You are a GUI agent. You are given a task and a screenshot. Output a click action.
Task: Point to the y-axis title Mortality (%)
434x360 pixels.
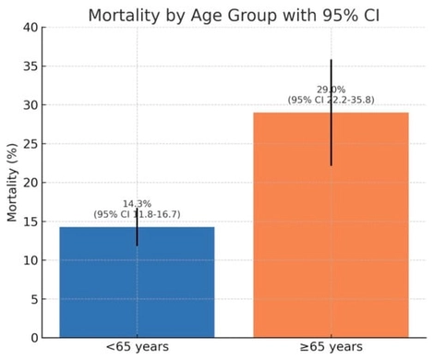click(13, 183)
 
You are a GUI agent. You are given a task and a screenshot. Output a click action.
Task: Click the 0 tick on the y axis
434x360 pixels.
click(34, 338)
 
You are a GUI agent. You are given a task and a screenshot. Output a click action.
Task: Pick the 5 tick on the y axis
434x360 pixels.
click(34, 299)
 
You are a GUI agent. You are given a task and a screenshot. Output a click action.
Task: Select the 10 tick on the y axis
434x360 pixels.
click(30, 260)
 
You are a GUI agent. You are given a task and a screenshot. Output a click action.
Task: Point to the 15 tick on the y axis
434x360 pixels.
click(30, 222)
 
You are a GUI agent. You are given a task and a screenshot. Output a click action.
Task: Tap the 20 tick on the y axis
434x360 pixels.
click(30, 183)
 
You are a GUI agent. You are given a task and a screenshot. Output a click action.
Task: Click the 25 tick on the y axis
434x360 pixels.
click(30, 144)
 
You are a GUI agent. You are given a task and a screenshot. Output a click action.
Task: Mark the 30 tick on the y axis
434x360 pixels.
click(30, 105)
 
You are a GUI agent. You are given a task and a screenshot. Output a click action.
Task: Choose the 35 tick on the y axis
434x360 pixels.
click(30, 66)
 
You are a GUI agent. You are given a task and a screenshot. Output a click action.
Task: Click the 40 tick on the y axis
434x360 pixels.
click(30, 28)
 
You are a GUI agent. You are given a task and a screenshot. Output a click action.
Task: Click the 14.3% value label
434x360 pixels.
click(137, 203)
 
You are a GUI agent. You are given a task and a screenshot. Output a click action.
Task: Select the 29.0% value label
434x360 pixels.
click(331, 89)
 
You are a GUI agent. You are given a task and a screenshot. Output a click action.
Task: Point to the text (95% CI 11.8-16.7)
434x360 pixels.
click(137, 214)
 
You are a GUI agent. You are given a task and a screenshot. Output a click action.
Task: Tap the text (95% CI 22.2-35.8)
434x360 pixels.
click(331, 100)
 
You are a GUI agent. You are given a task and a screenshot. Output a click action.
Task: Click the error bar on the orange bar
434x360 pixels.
click(331, 138)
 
